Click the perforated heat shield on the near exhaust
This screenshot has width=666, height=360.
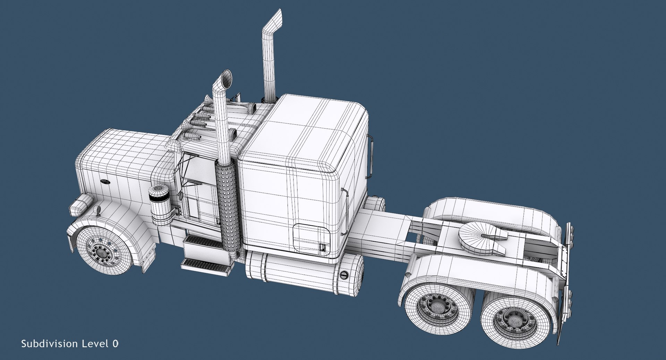click(x=227, y=208)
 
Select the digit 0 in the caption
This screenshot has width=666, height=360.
click(x=115, y=344)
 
